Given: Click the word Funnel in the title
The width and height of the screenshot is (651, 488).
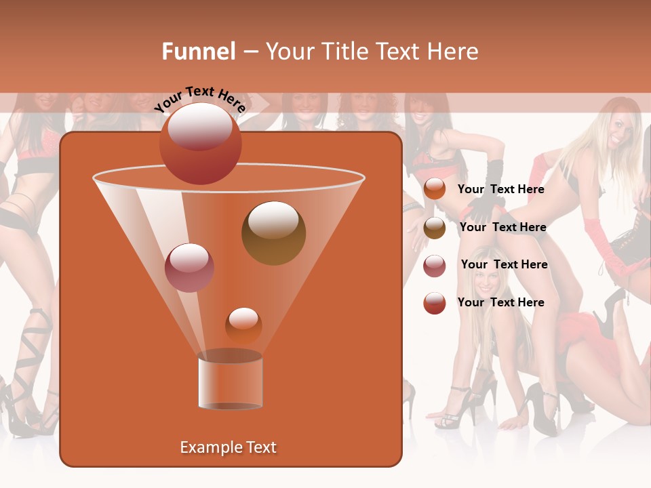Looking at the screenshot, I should (x=198, y=52).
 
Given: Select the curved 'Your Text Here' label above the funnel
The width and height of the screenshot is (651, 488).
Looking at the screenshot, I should (x=199, y=99).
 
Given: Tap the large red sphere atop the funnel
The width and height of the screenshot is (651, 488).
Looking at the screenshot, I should (x=201, y=143).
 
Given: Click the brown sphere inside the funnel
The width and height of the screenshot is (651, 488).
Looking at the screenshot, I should (x=273, y=232).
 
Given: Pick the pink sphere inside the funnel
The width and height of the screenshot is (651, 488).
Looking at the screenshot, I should (x=189, y=268).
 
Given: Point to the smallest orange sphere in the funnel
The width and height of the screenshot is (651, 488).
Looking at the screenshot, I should (x=243, y=325).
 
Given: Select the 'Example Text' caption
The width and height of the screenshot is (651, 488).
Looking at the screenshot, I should (x=228, y=447).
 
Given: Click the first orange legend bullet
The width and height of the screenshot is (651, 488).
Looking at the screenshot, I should (x=434, y=189).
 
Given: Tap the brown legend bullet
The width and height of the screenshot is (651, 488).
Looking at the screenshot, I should (x=435, y=228).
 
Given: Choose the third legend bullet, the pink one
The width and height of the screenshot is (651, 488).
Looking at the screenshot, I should (x=435, y=266).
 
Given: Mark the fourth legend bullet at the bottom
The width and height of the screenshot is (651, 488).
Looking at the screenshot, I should (x=434, y=303).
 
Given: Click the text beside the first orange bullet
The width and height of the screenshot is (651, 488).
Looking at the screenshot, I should (x=500, y=189).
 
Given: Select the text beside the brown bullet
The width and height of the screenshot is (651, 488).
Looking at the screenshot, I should (x=502, y=227).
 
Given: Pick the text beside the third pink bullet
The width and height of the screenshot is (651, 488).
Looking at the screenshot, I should (x=504, y=264).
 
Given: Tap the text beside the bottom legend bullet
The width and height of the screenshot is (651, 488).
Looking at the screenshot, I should (x=500, y=302).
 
